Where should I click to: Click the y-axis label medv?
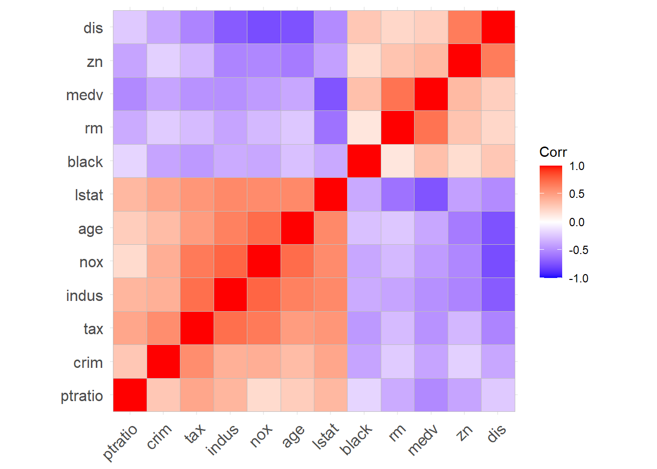click(85, 95)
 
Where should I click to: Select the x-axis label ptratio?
click(121, 442)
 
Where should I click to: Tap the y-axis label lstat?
click(89, 195)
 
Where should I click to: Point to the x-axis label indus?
click(223, 439)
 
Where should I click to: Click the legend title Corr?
click(553, 152)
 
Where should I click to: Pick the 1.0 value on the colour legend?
click(577, 166)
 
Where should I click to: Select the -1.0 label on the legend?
click(578, 278)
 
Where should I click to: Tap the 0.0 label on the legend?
click(577, 222)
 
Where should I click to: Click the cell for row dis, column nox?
click(264, 27)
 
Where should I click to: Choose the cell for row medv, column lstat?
click(330, 94)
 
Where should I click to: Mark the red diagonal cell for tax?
click(197, 328)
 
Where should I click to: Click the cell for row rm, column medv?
click(431, 128)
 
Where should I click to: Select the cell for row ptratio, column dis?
click(498, 395)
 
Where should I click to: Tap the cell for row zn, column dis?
click(498, 61)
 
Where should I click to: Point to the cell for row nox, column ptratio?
click(130, 261)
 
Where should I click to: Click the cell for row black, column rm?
click(397, 161)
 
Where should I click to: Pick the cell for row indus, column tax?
click(197, 295)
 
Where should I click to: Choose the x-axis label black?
click(356, 439)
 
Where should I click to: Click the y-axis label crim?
click(88, 363)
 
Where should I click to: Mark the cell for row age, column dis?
click(498, 228)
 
